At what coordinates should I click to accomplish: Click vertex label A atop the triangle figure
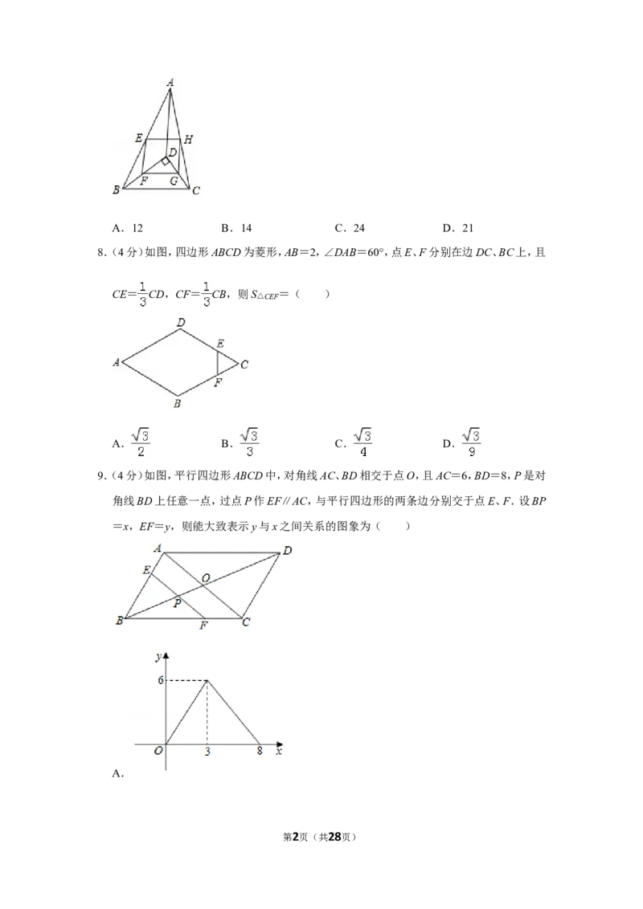[x=170, y=83]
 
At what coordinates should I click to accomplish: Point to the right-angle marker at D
[x=166, y=161]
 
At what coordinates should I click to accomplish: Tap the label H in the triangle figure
[x=188, y=139]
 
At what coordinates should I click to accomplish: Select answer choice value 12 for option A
[x=137, y=228]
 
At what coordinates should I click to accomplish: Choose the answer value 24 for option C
[x=359, y=228]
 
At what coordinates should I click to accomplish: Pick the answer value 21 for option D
[x=468, y=228]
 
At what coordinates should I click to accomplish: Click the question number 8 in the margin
[x=101, y=253]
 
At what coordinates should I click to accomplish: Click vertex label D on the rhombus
[x=181, y=322]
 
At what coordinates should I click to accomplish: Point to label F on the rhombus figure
[x=218, y=382]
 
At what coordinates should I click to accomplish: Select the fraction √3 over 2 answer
[x=141, y=443]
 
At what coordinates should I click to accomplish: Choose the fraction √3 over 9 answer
[x=471, y=443]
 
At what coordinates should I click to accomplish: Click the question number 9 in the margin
[x=101, y=476]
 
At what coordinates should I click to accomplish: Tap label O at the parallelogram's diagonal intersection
[x=206, y=578]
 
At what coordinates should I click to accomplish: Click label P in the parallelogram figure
[x=178, y=604]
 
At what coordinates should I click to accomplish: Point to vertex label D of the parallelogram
[x=287, y=551]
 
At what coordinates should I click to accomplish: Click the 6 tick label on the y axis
[x=161, y=680]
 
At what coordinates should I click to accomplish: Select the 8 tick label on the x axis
[x=260, y=751]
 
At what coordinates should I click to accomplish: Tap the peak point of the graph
[x=207, y=681]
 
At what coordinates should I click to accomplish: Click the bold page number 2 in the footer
[x=296, y=837]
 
